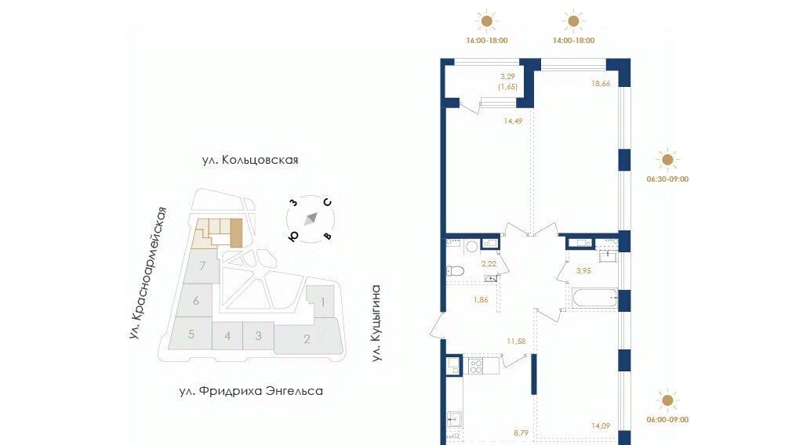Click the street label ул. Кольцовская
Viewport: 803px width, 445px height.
[250, 160]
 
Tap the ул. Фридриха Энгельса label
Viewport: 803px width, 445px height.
[251, 391]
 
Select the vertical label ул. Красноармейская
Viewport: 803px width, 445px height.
[148, 273]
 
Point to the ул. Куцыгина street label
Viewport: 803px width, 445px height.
[376, 324]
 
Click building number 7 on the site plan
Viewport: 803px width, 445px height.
[203, 266]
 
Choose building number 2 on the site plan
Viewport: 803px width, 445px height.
[307, 338]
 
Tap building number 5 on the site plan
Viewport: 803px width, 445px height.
[191, 335]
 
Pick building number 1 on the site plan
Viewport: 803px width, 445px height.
[322, 302]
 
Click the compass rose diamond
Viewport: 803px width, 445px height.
[311, 219]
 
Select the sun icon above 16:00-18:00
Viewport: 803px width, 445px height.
[486, 21]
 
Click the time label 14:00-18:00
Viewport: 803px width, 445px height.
[573, 41]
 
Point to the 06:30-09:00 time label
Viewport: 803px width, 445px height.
[667, 179]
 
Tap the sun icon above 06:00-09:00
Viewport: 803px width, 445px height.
[667, 400]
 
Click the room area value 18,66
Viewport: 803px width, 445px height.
[601, 83]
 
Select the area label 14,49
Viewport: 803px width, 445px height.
[513, 121]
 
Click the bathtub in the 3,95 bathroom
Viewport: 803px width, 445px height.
[594, 298]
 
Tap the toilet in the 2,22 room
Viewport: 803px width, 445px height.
[455, 270]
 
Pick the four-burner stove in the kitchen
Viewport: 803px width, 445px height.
[476, 366]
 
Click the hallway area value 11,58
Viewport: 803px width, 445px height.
[516, 341]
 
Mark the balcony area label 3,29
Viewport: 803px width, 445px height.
[507, 76]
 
